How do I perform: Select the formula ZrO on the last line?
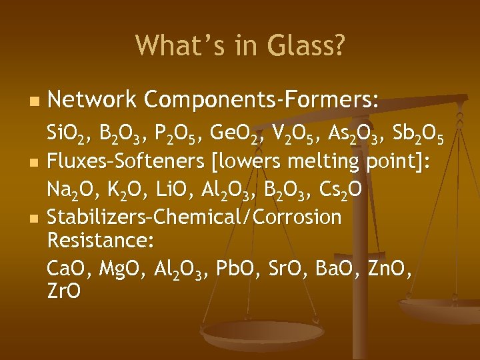(x=64, y=292)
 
